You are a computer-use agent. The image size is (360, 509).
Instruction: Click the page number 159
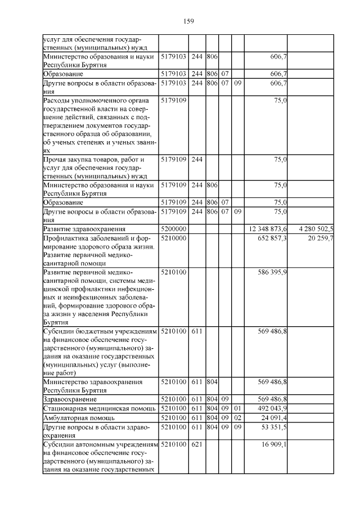click(x=188, y=21)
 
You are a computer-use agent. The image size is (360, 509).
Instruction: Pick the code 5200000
click(x=173, y=229)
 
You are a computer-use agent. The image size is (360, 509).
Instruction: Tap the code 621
click(x=197, y=444)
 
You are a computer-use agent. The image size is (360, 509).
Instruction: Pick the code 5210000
click(x=173, y=238)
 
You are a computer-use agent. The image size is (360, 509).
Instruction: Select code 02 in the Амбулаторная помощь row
click(x=237, y=418)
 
